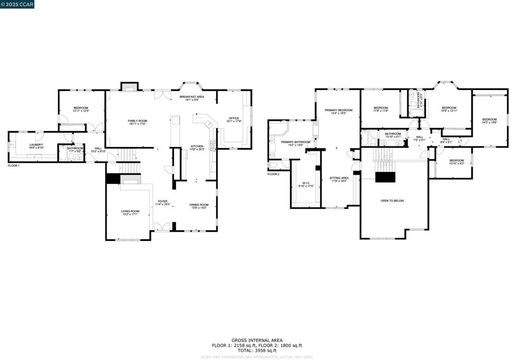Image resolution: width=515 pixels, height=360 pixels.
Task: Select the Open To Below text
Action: [392, 201]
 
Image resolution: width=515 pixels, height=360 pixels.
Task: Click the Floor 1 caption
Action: [14, 165]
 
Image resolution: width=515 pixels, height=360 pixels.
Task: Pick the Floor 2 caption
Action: [273, 174]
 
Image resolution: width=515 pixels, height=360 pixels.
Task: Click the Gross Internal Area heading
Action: [257, 340]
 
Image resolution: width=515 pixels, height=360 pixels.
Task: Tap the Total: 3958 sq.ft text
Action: [257, 350]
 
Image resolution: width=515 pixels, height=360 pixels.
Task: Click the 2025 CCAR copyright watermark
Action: [18, 5]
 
